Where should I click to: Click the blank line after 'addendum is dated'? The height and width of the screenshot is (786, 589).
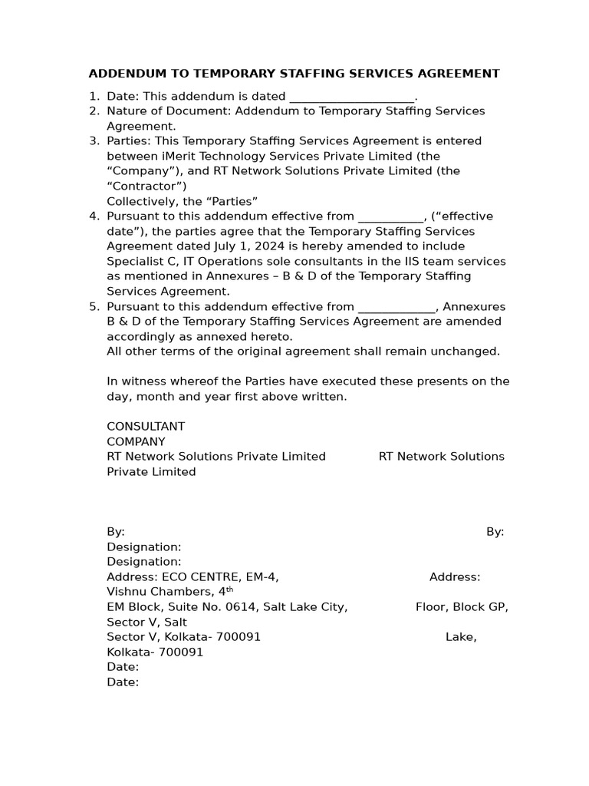pyautogui.click(x=351, y=97)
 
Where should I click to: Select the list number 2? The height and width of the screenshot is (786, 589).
pyautogui.click(x=94, y=111)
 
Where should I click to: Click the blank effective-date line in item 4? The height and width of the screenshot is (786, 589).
pyautogui.click(x=390, y=217)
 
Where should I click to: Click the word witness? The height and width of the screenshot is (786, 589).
pyautogui.click(x=143, y=381)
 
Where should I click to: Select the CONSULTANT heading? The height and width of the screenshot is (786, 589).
pyautogui.click(x=146, y=427)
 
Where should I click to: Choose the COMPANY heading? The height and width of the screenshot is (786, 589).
pyautogui.click(x=136, y=442)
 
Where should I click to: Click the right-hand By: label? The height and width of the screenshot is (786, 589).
pyautogui.click(x=495, y=532)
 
